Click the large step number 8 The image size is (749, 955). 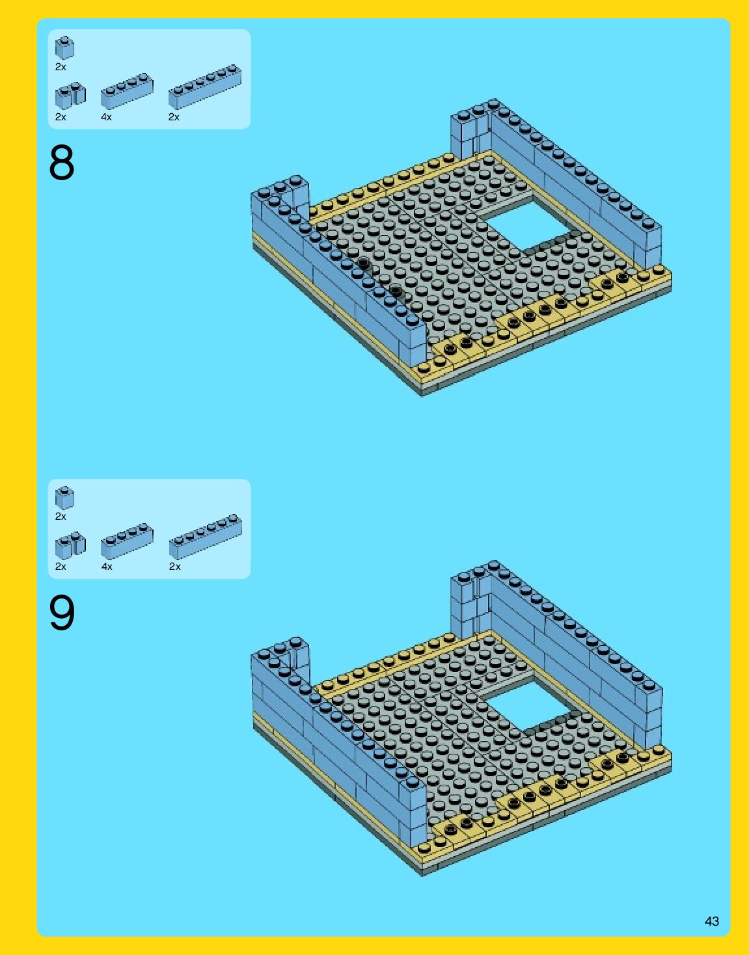coord(62,163)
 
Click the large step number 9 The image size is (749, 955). coord(62,612)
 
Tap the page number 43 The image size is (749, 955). coord(712,921)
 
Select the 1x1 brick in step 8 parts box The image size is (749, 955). coord(64,47)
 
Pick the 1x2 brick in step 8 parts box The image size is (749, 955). coord(70,96)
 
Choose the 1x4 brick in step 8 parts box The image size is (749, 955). coord(127,91)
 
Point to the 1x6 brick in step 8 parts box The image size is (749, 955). coord(205,87)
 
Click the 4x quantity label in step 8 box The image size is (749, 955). coord(106,117)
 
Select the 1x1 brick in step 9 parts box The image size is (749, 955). coord(64,498)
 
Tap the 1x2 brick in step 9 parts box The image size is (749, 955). coord(70,545)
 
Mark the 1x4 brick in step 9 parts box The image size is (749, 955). coord(127,541)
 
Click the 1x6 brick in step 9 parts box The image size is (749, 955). coord(205,537)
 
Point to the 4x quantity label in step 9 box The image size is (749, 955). coord(107,567)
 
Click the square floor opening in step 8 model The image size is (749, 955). coord(528,224)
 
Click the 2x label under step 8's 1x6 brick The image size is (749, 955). coord(174,117)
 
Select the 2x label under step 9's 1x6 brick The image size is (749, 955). coord(175,567)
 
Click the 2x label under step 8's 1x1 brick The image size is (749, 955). coord(61,67)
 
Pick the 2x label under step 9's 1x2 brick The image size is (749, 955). coord(61,567)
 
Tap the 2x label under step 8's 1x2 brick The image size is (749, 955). coord(61,117)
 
